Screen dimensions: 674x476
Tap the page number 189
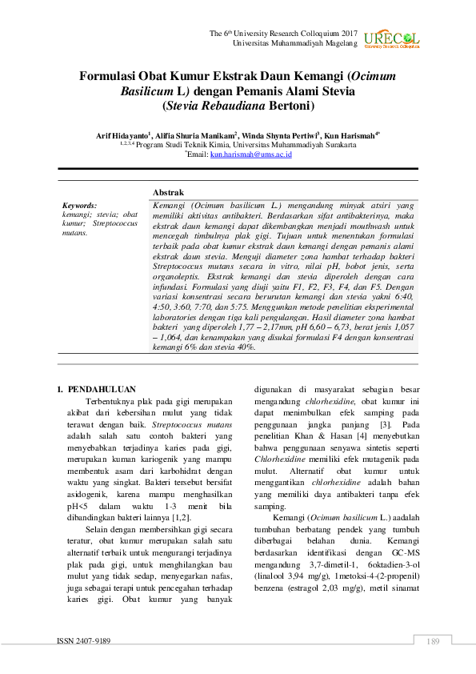(x=434, y=641)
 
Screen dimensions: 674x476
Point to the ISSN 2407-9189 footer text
(x=84, y=641)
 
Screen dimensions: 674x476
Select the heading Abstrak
(x=168, y=193)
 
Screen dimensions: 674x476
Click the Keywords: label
(x=79, y=206)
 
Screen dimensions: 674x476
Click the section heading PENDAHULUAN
(x=102, y=389)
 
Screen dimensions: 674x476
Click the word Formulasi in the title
(x=111, y=77)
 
